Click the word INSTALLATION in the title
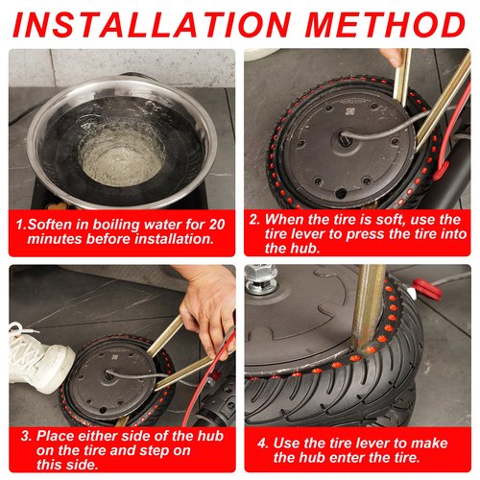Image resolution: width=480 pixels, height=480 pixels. coord(152,25)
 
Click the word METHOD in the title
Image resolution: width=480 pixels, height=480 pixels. coord(385,25)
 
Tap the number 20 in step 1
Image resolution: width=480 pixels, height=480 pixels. coord(217,225)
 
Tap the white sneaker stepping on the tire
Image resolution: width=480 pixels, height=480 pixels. coord(40,357)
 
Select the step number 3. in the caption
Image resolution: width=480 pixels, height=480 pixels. coord(26,436)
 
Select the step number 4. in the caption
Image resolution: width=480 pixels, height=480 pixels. coord(263,444)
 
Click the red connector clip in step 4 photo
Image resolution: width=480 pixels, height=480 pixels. coord(427,290)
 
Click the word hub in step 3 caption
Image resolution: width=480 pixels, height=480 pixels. coord(210,436)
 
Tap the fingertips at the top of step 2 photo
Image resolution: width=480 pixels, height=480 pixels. coord(391,57)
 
